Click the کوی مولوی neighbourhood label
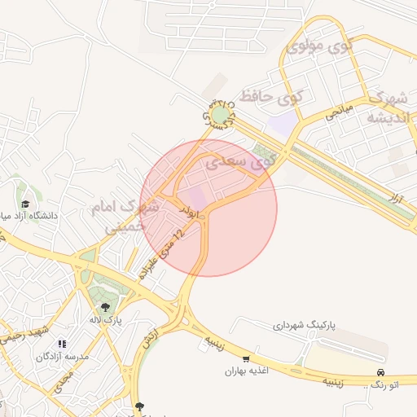318,46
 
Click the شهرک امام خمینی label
130,216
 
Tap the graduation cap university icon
25,204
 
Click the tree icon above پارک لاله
105,307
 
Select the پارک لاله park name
106,320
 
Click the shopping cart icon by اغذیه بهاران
246,358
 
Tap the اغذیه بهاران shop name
253,371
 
